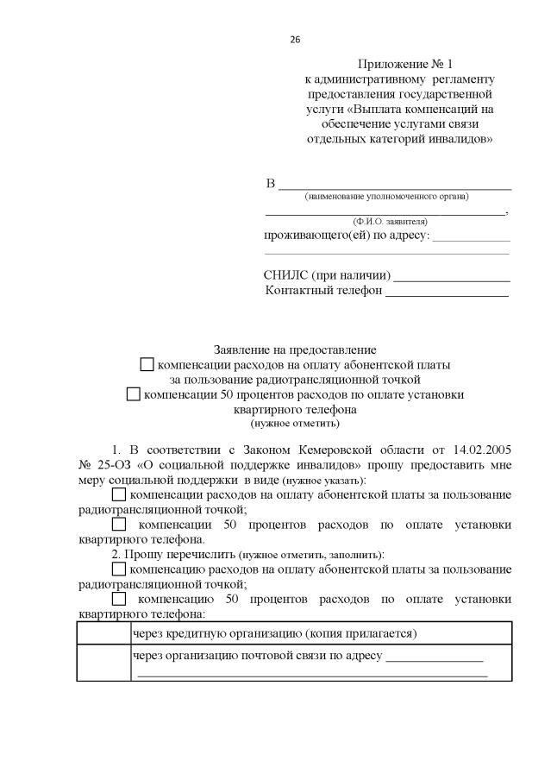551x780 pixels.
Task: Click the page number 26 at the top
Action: pos(295,40)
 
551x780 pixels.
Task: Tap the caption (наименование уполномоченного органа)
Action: pos(386,198)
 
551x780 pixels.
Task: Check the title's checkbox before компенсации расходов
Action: pos(147,365)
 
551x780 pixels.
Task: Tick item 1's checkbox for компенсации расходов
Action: pos(119,495)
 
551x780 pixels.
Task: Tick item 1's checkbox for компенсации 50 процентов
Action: pos(119,525)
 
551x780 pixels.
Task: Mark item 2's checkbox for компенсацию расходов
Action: pos(119,570)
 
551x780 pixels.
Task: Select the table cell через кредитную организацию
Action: pos(275,634)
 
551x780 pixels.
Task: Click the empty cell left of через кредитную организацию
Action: pos(103,634)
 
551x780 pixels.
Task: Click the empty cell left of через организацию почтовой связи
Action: pos(103,664)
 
